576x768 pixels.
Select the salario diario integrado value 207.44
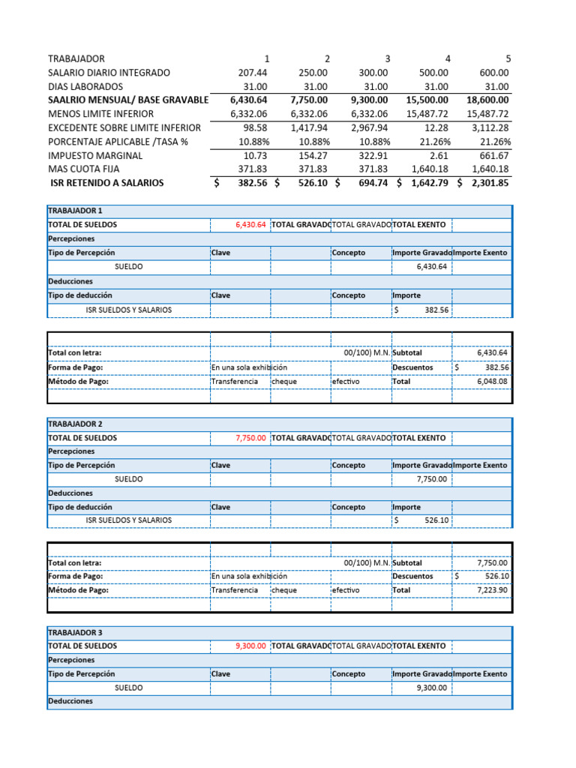point(252,73)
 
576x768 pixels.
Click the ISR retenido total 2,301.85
point(486,182)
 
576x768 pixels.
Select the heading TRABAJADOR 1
point(75,211)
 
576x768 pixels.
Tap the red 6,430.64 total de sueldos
point(250,224)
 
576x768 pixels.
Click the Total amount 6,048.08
point(492,381)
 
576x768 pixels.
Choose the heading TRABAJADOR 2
point(75,424)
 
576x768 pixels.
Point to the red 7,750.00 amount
point(250,437)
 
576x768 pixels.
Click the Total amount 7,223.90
point(492,589)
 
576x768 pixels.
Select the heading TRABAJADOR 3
point(75,631)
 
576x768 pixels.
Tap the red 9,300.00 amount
point(250,646)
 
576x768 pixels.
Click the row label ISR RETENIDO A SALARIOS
point(106,182)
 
